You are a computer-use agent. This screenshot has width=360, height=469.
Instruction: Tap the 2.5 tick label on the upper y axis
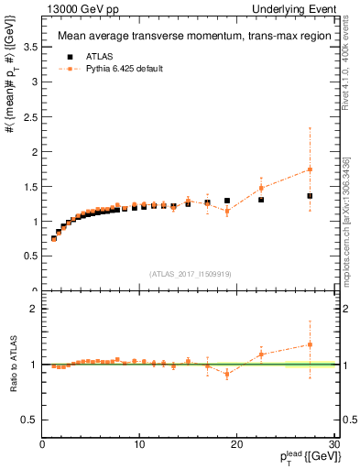[31, 116]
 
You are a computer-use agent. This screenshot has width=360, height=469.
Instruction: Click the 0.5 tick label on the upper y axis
[31, 256]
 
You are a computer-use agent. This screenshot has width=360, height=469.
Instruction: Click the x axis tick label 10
[139, 445]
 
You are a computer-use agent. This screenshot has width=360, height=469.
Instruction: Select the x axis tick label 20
[236, 445]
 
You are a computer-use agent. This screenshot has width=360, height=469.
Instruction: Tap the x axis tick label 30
[333, 445]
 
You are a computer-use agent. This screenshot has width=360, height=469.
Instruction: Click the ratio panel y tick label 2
[35, 309]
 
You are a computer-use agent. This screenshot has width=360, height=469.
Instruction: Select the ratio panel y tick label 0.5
[31, 420]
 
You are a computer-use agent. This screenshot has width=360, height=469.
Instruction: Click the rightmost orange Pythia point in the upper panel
[310, 169]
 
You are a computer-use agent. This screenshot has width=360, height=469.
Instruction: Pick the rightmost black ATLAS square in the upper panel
[310, 195]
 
